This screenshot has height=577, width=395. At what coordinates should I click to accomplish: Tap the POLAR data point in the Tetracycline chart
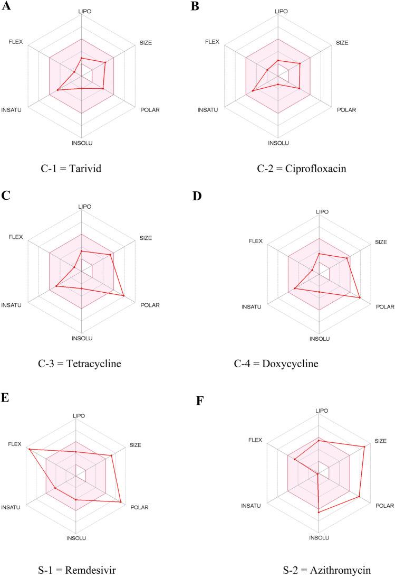pos(123,296)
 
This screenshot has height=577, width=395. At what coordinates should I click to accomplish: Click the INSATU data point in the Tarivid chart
pos(57,91)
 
